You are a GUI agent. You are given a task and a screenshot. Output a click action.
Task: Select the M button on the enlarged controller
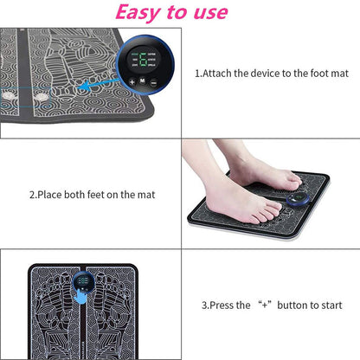(x=143, y=80)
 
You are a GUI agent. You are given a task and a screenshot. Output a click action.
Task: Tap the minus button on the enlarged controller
(x=153, y=80)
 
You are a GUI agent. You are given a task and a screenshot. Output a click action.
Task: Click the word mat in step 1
(x=340, y=74)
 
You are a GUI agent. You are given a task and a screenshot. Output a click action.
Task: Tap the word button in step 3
(x=286, y=305)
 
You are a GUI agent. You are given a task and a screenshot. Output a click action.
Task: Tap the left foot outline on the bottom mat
(x=57, y=312)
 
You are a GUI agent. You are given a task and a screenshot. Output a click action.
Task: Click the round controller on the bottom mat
(x=84, y=282)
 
